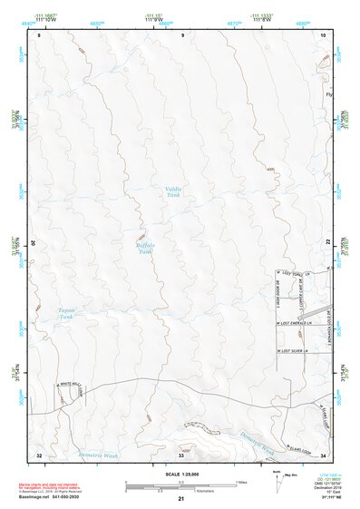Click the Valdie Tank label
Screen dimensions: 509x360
[x=174, y=191]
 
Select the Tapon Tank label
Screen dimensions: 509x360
[x=65, y=313]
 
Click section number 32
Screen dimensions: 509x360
[x=39, y=454]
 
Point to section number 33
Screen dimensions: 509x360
[x=180, y=455]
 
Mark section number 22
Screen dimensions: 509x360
[x=326, y=240]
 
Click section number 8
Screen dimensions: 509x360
[x=39, y=34]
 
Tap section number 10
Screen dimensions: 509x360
[x=324, y=34]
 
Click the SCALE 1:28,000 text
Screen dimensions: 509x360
[x=182, y=474]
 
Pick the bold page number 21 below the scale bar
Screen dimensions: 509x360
[x=181, y=500]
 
